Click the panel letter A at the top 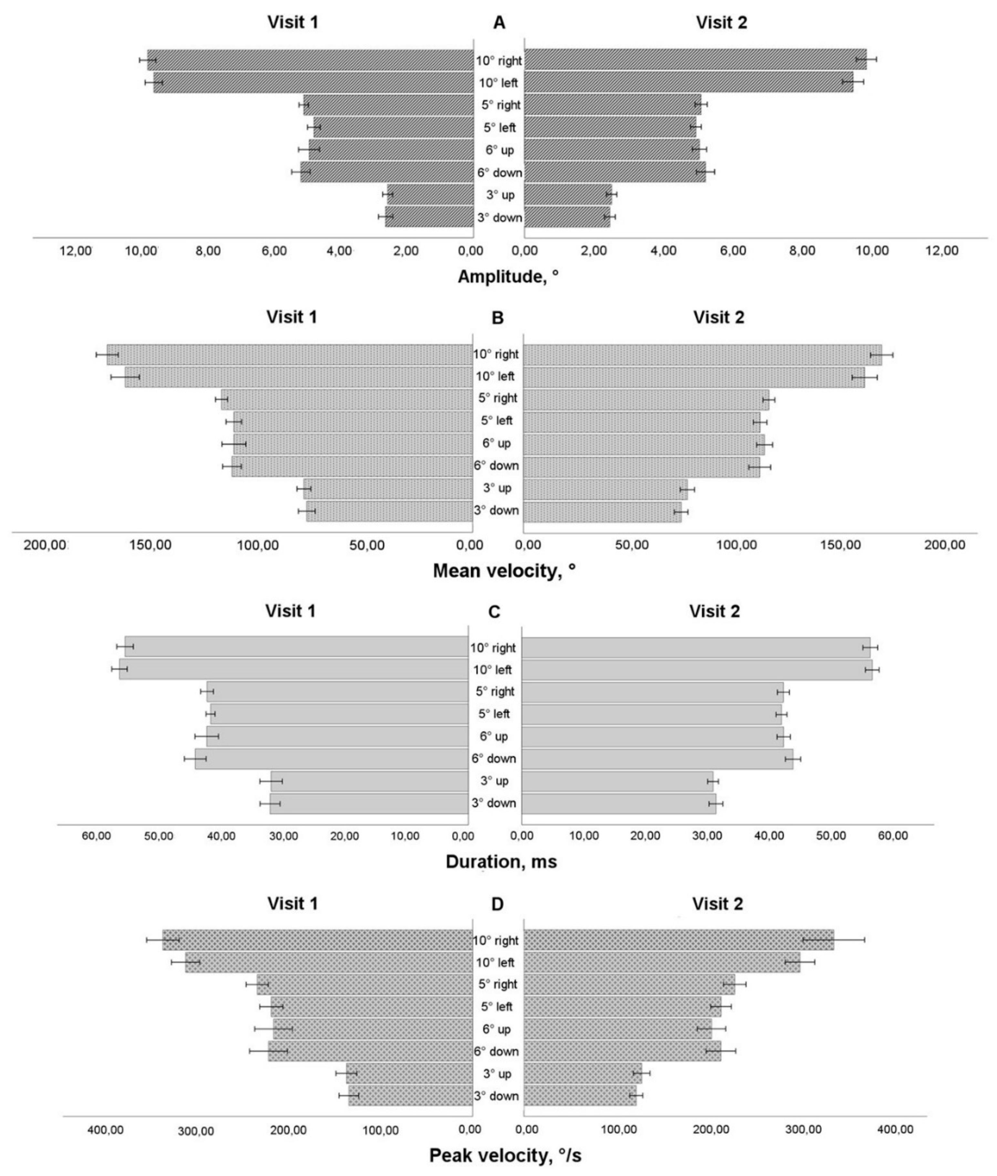tap(498, 23)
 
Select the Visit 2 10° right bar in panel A tap(695, 59)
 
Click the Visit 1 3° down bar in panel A tap(429, 217)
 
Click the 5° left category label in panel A tap(500, 128)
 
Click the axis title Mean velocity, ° tap(504, 571)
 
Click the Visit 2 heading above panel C tap(714, 611)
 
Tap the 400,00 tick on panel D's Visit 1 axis tap(106, 1129)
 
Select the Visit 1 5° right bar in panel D tap(365, 985)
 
